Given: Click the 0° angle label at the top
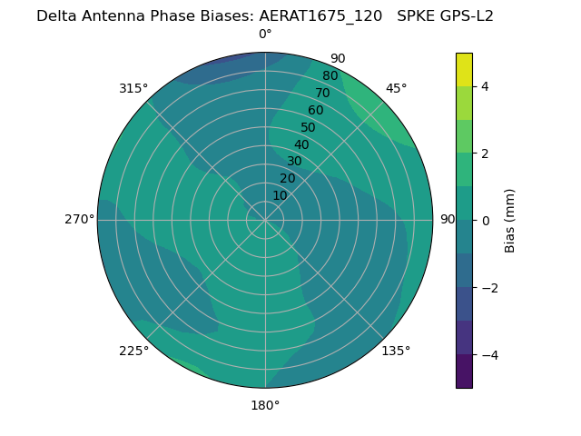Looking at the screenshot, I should (x=265, y=35).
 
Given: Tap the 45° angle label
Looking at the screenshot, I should (x=396, y=88).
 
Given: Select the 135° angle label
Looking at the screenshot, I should (x=396, y=351).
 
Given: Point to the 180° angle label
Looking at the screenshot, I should (x=265, y=405).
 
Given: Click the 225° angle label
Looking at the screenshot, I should (x=133, y=351).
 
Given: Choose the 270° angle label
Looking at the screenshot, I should (x=80, y=219).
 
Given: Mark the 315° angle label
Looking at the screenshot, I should (x=133, y=88).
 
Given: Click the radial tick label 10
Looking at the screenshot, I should (x=280, y=195).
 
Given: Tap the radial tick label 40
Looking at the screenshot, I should (x=301, y=144).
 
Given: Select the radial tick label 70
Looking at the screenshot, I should (x=322, y=93).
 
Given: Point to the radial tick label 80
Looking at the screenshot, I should (x=330, y=75).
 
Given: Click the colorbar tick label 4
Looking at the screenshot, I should (x=486, y=86).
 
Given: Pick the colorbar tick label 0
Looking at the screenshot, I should (x=486, y=220).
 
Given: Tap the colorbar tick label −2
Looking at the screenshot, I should (x=488, y=287).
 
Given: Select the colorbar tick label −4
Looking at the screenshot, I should (x=488, y=354).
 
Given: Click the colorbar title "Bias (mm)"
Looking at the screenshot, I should (x=510, y=220).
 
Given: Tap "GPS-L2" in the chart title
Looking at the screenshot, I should (x=467, y=15).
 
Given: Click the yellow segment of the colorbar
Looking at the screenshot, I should (x=464, y=70).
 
